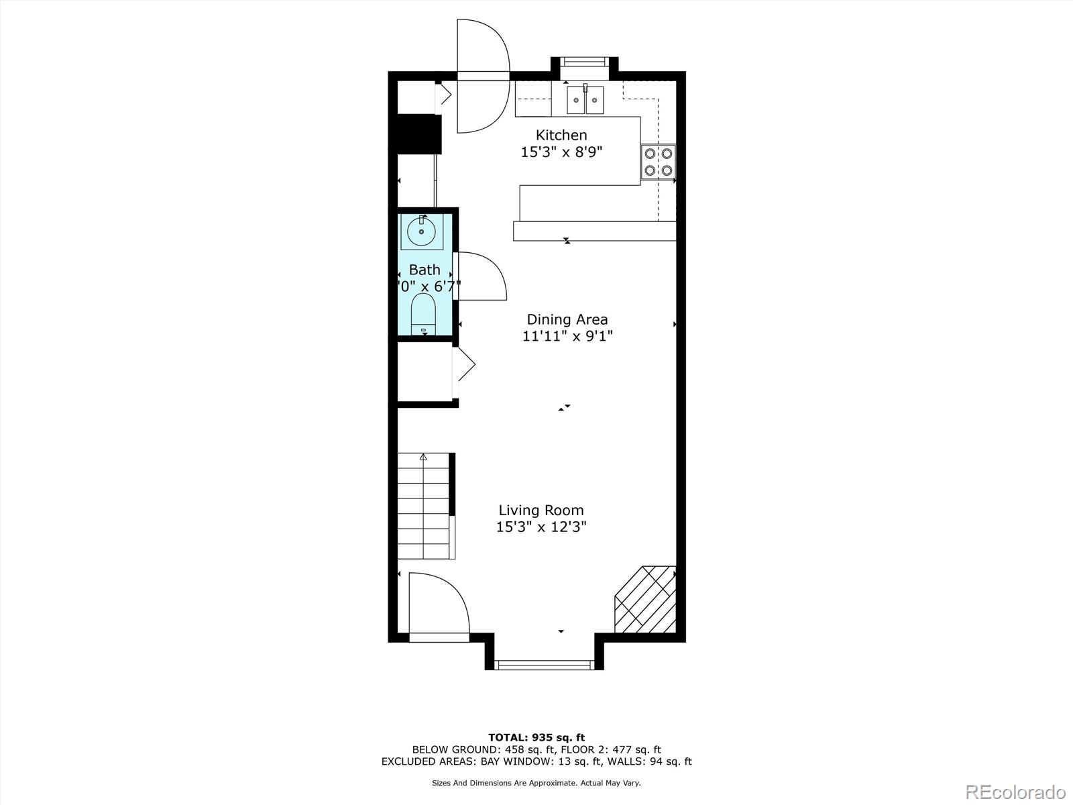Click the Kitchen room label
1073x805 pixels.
pyautogui.click(x=561, y=135)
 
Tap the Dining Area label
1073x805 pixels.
pyautogui.click(x=567, y=319)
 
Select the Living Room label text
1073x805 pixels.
pyautogui.click(x=541, y=510)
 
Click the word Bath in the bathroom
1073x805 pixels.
pyautogui.click(x=425, y=270)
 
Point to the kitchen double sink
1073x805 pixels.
pyautogui.click(x=585, y=100)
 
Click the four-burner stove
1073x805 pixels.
pyautogui.click(x=657, y=162)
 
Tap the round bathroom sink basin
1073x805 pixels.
pyautogui.click(x=422, y=231)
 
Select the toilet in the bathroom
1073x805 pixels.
pyautogui.click(x=423, y=314)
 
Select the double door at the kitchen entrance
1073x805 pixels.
pyautogui.click(x=482, y=76)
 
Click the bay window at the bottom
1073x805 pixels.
pyautogui.click(x=544, y=665)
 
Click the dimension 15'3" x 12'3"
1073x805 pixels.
pyautogui.click(x=541, y=527)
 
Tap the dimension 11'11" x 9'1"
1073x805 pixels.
pyautogui.click(x=567, y=336)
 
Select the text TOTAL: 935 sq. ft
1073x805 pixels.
pyautogui.click(x=536, y=738)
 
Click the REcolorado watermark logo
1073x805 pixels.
pyautogui.click(x=1015, y=792)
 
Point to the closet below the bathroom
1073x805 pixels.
pyautogui.click(x=425, y=372)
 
